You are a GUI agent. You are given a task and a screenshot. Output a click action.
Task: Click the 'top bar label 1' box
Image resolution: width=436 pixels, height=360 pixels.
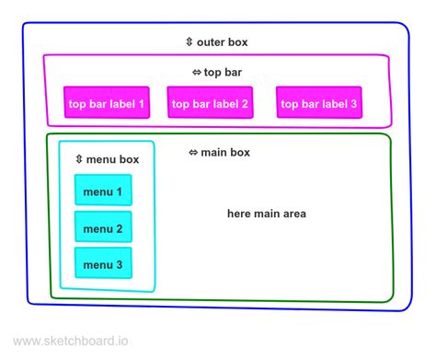click(106, 104)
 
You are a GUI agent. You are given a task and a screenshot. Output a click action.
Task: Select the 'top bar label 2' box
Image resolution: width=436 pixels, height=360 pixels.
click(210, 104)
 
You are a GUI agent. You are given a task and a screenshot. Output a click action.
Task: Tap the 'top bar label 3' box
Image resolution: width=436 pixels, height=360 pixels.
click(318, 104)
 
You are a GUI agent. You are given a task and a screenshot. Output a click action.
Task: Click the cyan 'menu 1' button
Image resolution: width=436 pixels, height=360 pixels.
click(103, 192)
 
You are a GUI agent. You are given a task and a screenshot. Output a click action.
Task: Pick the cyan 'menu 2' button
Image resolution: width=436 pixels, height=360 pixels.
click(103, 228)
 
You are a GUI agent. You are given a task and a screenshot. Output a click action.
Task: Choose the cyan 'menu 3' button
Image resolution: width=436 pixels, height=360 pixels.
click(103, 265)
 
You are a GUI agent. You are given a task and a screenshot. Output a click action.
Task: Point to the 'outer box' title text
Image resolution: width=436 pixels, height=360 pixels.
click(222, 42)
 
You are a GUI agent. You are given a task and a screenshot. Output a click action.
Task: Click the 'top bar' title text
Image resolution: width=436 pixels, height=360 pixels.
click(223, 72)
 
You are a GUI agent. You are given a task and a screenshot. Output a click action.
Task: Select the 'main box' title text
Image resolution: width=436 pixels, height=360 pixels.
click(225, 152)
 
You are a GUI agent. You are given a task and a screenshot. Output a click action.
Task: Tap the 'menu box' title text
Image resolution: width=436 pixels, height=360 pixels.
click(113, 159)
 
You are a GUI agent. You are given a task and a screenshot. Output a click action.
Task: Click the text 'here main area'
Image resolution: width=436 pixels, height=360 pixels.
click(267, 214)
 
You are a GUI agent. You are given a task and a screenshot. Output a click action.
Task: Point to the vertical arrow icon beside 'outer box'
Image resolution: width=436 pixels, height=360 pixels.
click(189, 42)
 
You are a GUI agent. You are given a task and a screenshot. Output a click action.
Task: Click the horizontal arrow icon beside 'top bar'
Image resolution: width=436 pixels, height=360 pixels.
click(196, 72)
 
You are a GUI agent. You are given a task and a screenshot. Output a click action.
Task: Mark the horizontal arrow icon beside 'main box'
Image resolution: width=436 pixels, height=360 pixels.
click(193, 152)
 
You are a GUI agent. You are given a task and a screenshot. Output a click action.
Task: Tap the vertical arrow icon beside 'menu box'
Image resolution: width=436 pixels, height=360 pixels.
click(80, 159)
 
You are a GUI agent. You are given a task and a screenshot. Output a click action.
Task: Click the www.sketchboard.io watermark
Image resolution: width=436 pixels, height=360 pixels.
click(72, 342)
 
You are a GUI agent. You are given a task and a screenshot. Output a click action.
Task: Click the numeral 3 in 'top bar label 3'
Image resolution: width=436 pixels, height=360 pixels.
click(354, 104)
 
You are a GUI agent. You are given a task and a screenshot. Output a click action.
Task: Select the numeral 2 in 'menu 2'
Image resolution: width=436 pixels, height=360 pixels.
click(119, 228)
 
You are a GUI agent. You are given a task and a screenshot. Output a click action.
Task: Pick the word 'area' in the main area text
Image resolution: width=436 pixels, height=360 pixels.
click(292, 214)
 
